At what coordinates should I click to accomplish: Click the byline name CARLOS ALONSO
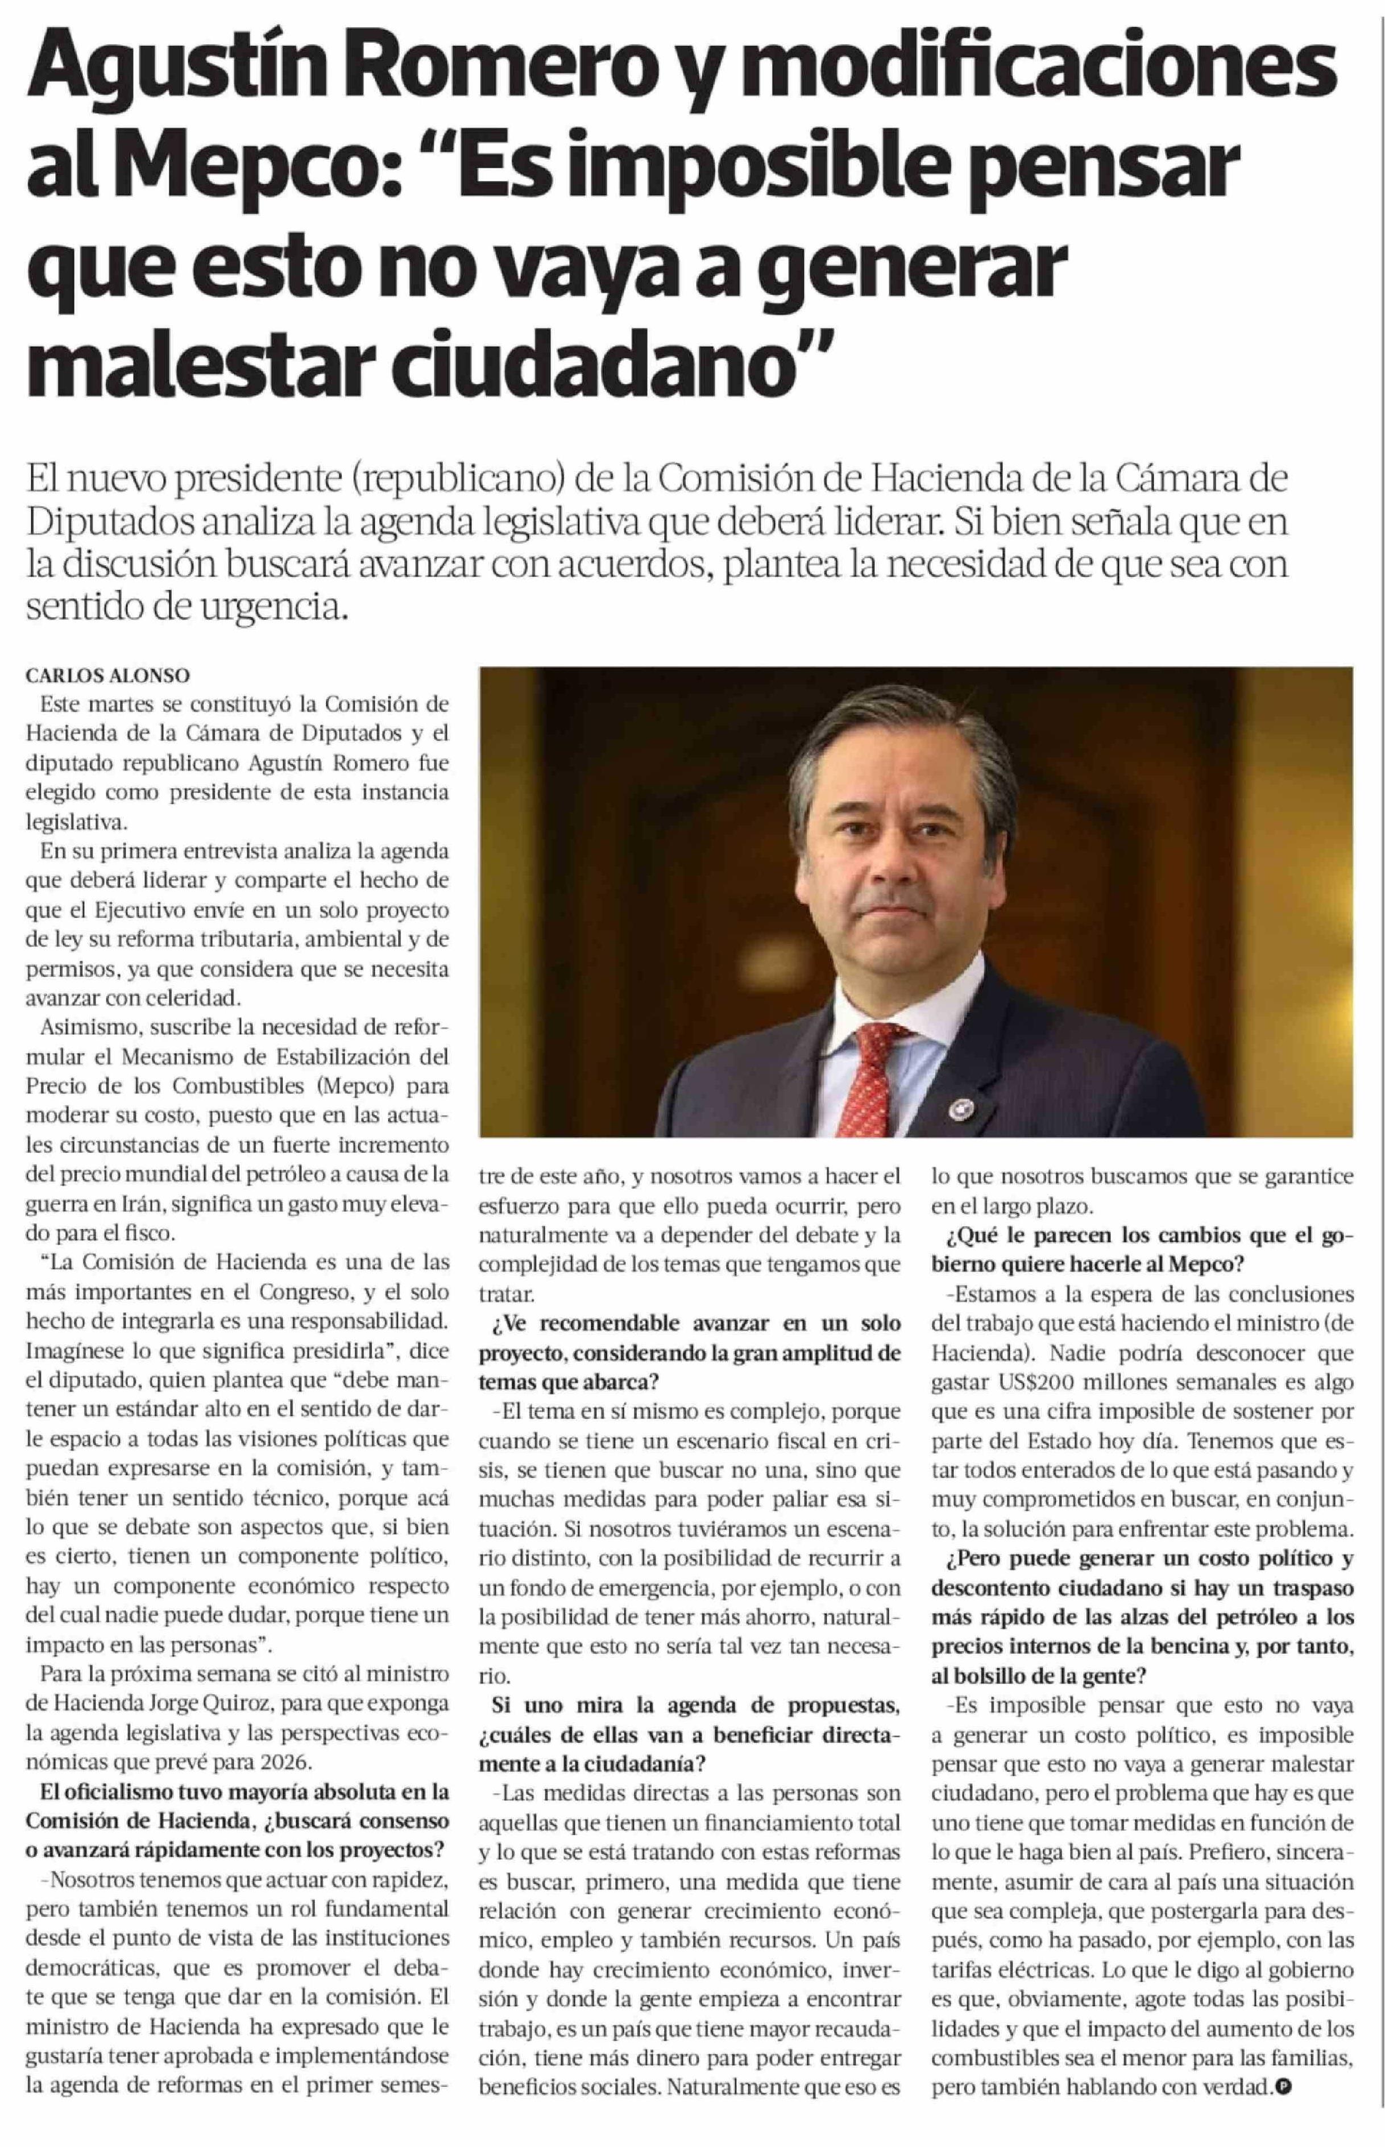[x=108, y=674]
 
